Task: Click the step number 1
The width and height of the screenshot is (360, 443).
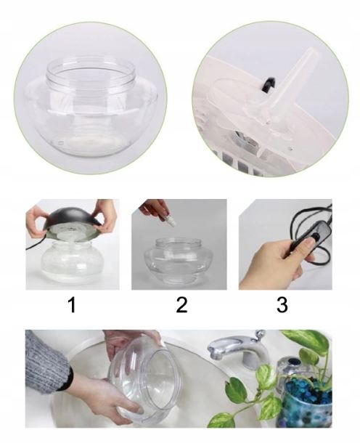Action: [73, 305]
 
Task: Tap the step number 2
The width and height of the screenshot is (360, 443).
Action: [181, 305]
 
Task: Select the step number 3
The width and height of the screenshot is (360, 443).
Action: [282, 305]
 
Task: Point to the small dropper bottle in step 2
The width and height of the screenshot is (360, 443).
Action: [171, 221]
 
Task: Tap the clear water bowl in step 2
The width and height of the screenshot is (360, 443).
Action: [179, 261]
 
